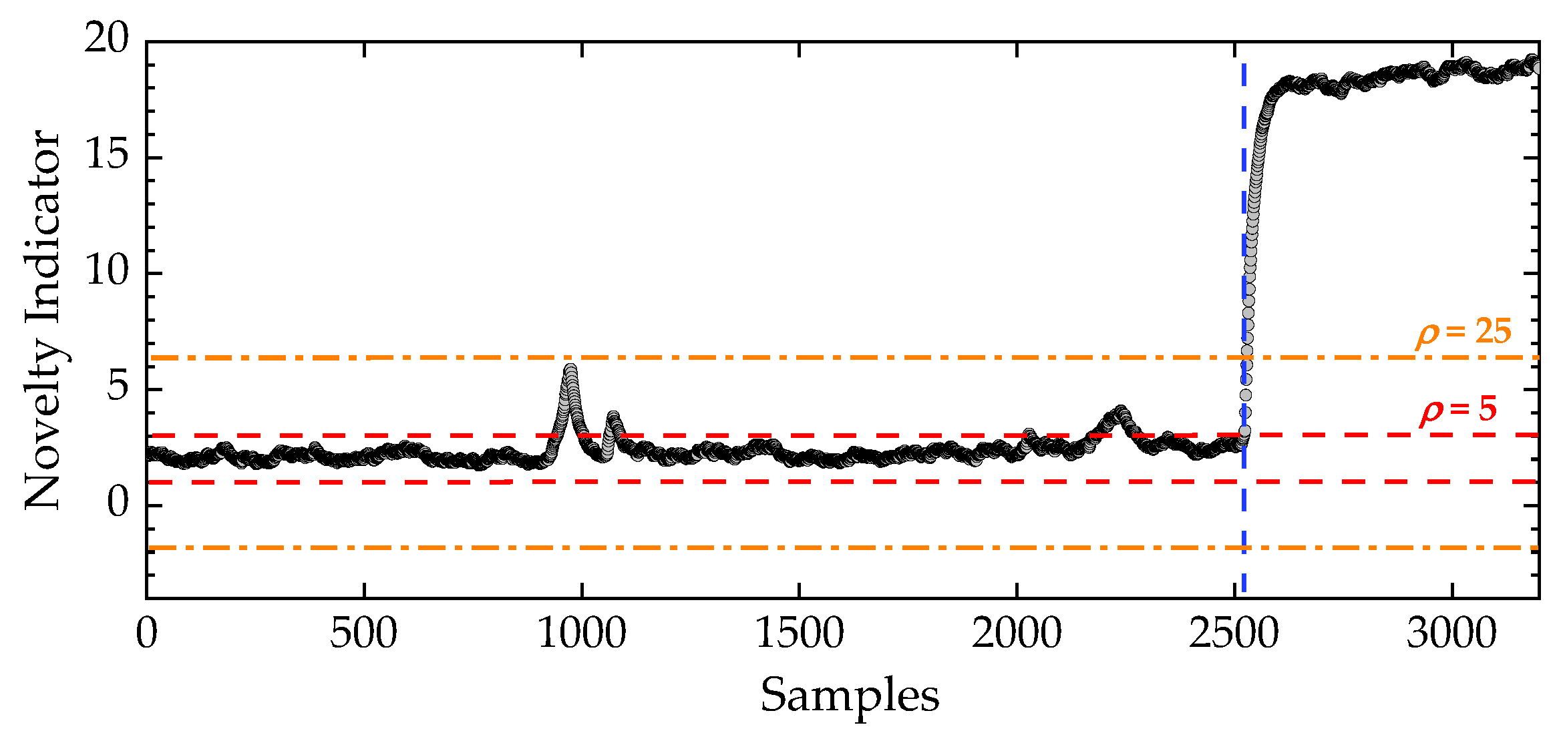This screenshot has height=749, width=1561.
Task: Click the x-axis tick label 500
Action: [363, 634]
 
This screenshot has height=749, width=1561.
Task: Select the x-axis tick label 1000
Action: [582, 634]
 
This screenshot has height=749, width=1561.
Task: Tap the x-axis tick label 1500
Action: [800, 634]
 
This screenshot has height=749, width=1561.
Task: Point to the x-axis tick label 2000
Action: [1017, 634]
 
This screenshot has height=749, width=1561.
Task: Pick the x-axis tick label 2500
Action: [1234, 634]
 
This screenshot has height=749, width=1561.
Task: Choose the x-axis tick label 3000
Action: [1451, 634]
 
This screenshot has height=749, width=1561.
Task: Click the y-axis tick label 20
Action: [106, 39]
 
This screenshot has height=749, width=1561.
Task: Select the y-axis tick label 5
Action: [118, 388]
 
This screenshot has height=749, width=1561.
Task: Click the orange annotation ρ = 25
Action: [1463, 332]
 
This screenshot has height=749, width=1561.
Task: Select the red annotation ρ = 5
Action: [1458, 410]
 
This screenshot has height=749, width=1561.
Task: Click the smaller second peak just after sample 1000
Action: [613, 417]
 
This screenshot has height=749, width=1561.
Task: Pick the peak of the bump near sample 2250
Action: [1120, 411]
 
